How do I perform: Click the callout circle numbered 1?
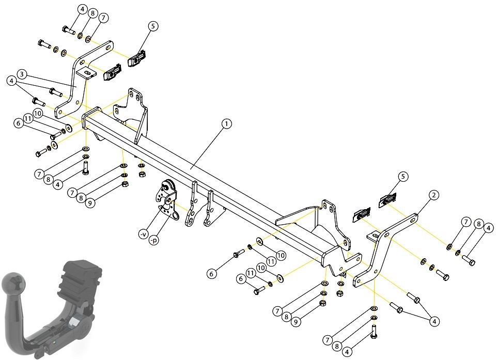coord(226,123)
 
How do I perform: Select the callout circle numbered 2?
coord(434,195)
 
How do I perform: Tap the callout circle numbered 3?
coord(22,74)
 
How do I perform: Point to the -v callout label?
coord(144,234)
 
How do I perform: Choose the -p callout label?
coord(154,241)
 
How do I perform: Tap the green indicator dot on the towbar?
coord(55,342)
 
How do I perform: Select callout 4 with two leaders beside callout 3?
coord(12,81)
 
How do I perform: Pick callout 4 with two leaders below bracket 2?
coord(434,322)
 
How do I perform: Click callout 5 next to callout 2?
coord(403,177)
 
